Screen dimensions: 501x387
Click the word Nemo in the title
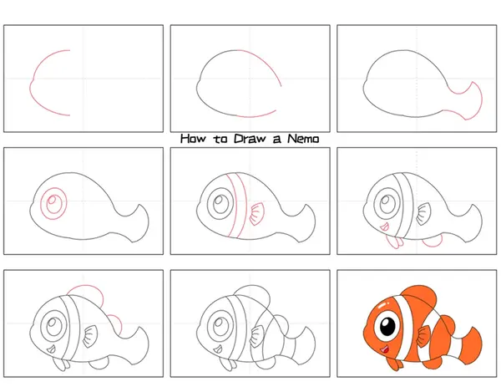click(303, 139)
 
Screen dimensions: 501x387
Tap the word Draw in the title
click(250, 139)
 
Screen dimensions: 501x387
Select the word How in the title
click(194, 139)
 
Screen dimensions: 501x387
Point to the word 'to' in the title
click(220, 140)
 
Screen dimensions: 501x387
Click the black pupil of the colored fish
click(387, 326)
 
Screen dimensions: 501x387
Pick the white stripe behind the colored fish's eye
click(405, 326)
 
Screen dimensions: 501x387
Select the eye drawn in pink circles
click(53, 203)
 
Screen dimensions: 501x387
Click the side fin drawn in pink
click(256, 214)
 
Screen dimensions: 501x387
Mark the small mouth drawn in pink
click(384, 227)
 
